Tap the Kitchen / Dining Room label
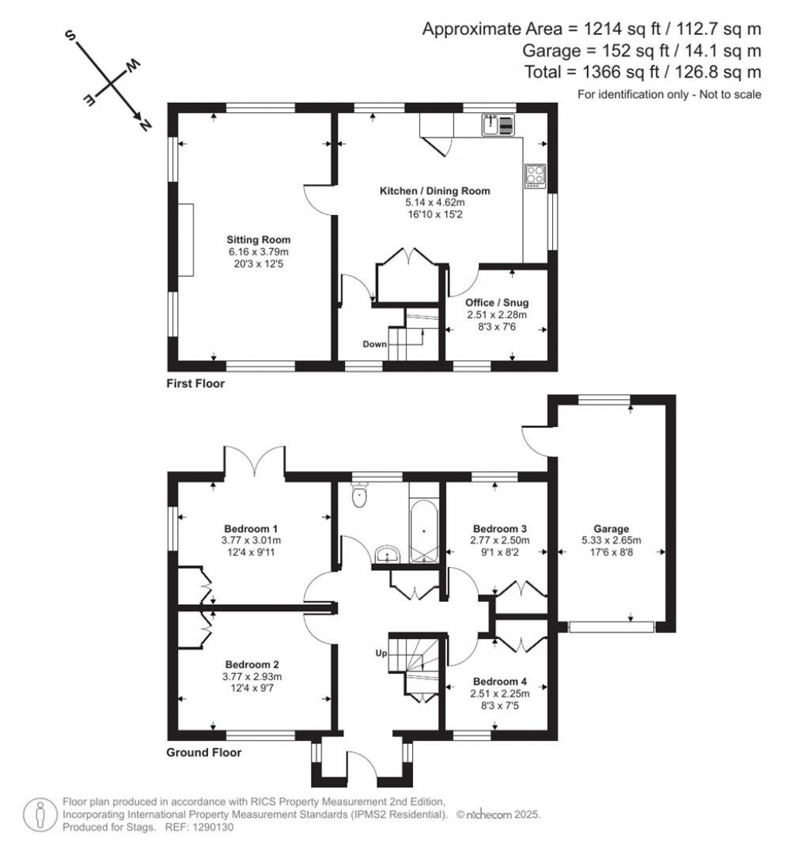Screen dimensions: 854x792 point(434,190)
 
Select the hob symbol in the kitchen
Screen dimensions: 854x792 point(534,175)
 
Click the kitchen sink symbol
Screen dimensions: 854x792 point(496,124)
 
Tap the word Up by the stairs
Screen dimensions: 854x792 point(381,654)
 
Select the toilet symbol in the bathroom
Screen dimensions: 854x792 point(359,496)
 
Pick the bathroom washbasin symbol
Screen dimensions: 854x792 point(387,555)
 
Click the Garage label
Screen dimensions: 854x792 point(611,529)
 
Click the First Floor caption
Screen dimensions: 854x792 point(196,383)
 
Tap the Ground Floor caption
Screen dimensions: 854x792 point(204,752)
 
